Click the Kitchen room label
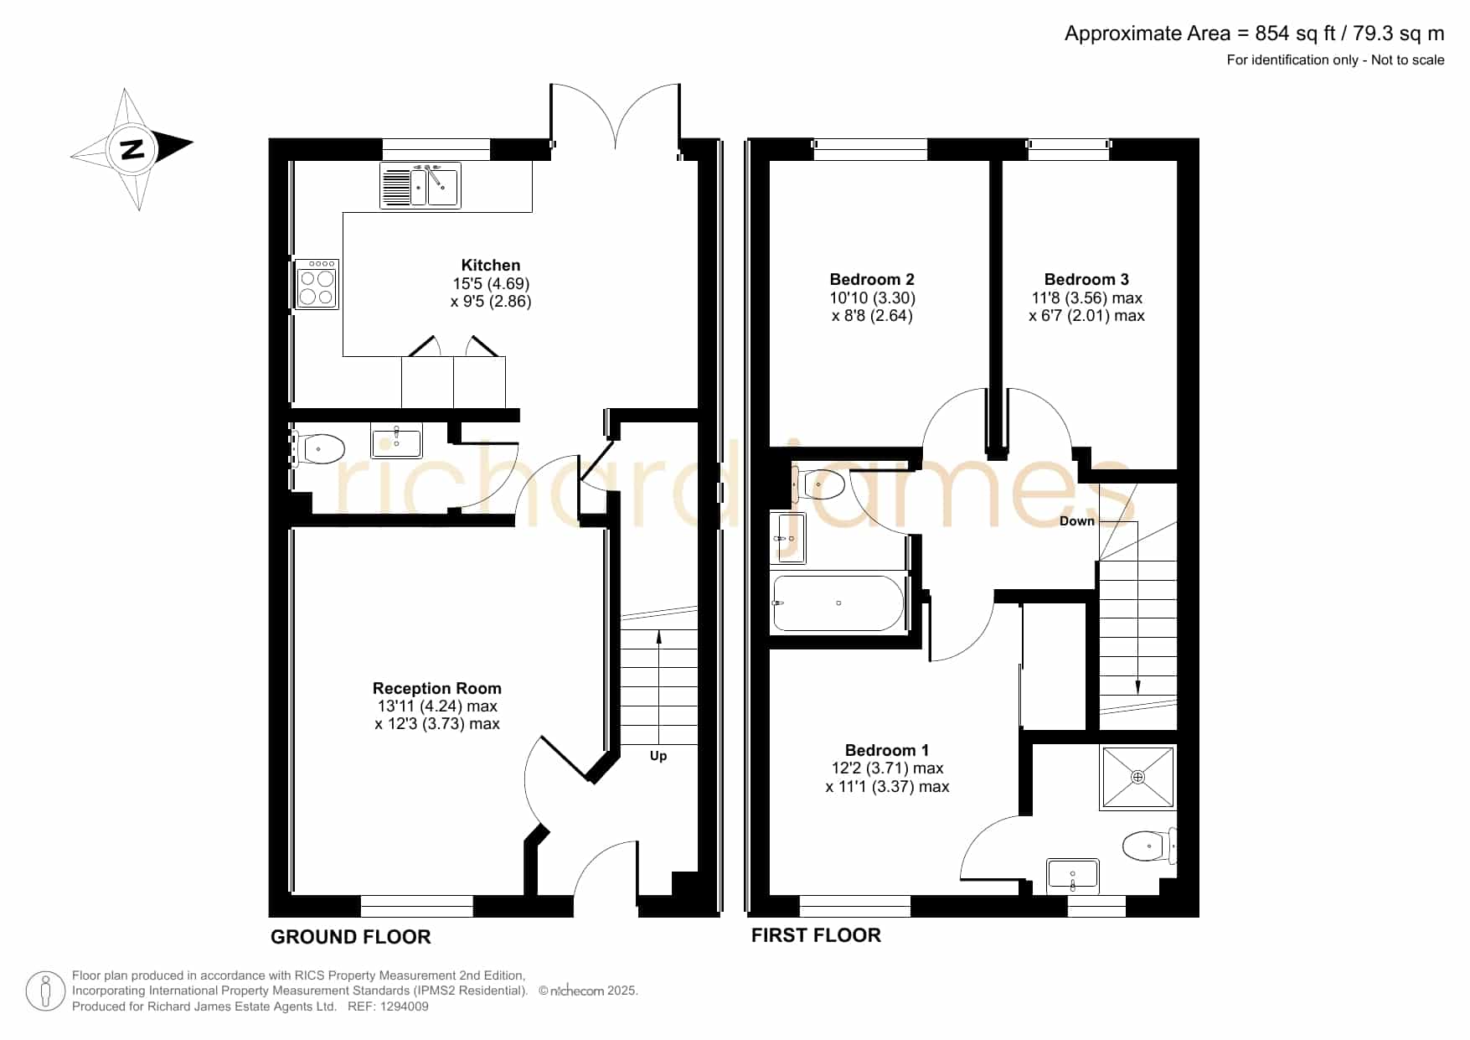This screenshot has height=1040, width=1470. (x=491, y=265)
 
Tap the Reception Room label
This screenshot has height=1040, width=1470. (x=437, y=688)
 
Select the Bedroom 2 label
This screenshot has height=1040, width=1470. (x=872, y=279)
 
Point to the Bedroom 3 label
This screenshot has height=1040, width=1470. (x=1086, y=279)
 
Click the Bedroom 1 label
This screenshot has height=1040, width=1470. (x=887, y=750)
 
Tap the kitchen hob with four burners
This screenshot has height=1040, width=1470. (x=317, y=284)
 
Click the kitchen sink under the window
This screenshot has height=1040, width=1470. (x=420, y=184)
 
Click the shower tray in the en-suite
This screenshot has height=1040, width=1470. (x=1137, y=778)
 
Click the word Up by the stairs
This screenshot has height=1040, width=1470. (x=658, y=756)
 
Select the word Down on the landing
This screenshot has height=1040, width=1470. (x=1077, y=520)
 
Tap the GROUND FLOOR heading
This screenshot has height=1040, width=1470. (x=351, y=937)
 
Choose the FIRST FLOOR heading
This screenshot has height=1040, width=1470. (x=816, y=935)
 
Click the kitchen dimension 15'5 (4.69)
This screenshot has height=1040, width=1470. (x=491, y=283)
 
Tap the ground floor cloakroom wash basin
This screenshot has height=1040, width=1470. (x=397, y=440)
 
